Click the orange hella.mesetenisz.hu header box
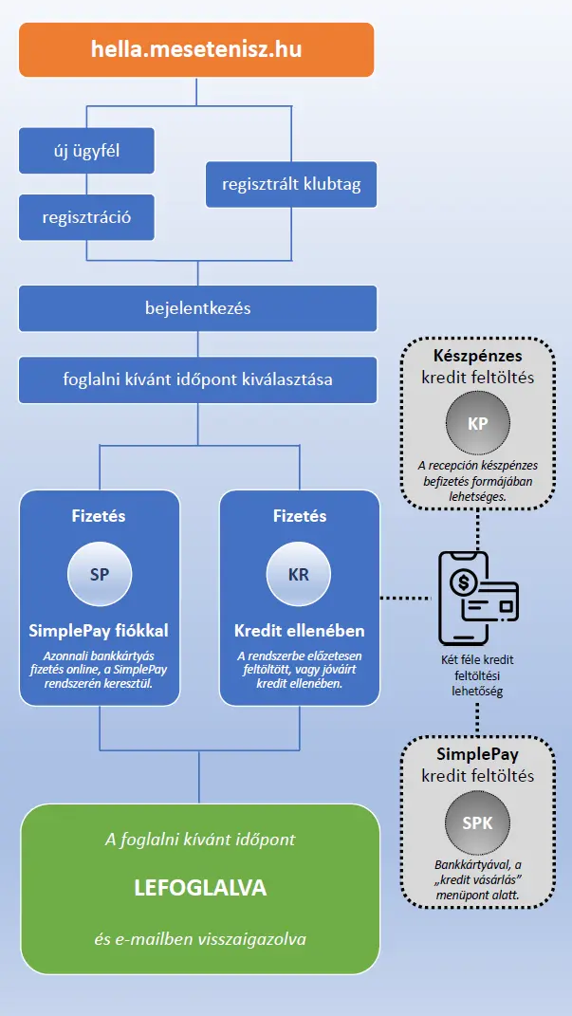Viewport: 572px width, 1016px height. pos(197,50)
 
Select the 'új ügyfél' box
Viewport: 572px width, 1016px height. pos(86,151)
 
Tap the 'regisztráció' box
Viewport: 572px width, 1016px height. pos(86,217)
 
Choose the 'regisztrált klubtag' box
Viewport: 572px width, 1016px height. pos(291,184)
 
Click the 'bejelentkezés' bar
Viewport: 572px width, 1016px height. pos(197,308)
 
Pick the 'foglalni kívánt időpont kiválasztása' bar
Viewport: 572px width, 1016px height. pos(197,379)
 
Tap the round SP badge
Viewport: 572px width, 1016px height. pos(100,573)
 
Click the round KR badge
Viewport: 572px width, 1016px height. pos(299,573)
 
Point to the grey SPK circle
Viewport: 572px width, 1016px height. pos(477,822)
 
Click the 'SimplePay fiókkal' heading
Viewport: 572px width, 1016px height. pos(100,631)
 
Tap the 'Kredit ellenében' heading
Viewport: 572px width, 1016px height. pos(299,631)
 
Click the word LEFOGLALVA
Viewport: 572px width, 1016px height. pos(200,888)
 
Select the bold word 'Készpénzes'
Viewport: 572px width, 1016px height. pos(477,357)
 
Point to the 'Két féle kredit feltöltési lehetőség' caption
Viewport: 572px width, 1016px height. pos(477,675)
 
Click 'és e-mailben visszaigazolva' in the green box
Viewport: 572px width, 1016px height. pos(200,939)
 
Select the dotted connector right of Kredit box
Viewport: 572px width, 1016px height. pos(406,598)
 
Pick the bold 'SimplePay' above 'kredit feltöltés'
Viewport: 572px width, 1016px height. pos(477,755)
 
